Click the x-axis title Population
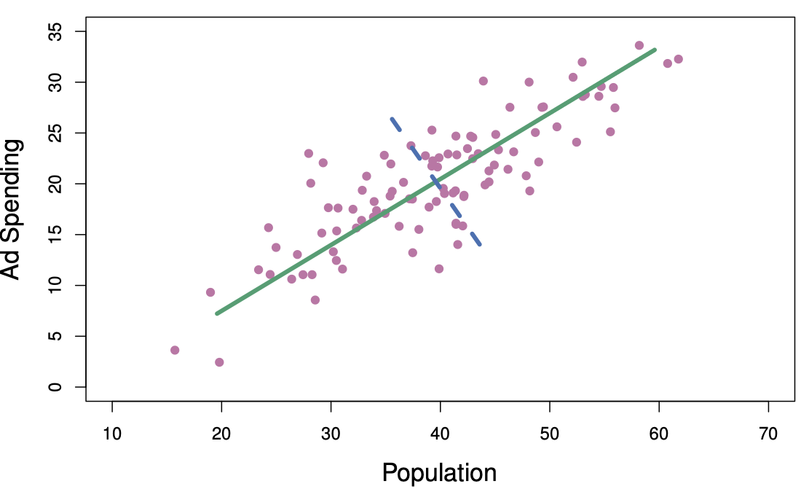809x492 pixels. (x=439, y=473)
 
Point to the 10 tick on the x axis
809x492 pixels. (x=112, y=434)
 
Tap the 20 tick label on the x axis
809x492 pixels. (x=221, y=434)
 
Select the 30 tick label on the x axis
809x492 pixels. (x=331, y=434)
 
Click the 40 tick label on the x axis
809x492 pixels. (x=440, y=434)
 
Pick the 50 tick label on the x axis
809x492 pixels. (x=549, y=434)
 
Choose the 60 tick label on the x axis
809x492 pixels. (x=659, y=434)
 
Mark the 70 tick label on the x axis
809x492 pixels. (x=768, y=434)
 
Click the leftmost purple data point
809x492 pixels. (x=175, y=350)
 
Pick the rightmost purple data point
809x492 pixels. (x=678, y=59)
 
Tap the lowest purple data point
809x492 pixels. (x=219, y=362)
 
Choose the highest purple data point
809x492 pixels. (x=639, y=45)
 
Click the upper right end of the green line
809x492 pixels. (x=655, y=50)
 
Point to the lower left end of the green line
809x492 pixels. (x=217, y=313)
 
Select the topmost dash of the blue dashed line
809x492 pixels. (x=395, y=124)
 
